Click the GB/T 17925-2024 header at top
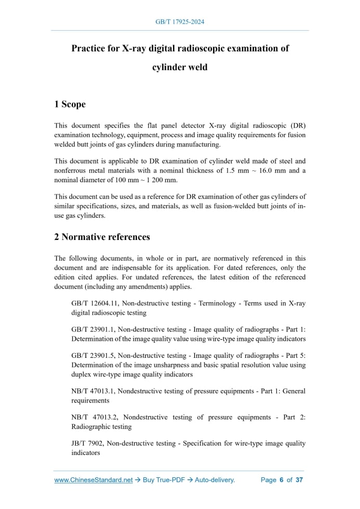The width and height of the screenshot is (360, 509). coord(180,22)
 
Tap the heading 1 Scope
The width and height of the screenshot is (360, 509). coord(70,104)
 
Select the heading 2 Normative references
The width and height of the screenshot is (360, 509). coord(102,237)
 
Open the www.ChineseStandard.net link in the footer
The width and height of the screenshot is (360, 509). coord(94,480)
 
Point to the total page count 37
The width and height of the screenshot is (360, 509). coord(299,480)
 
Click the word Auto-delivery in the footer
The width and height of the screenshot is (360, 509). coord(215,480)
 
